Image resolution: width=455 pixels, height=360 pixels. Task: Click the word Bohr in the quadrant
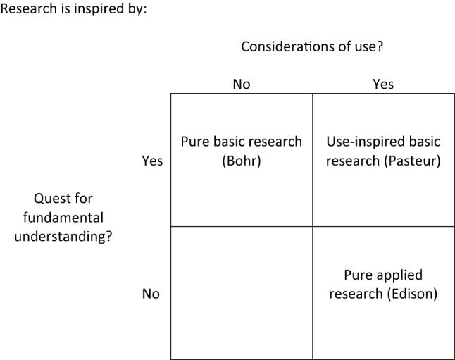pyautogui.click(x=242, y=161)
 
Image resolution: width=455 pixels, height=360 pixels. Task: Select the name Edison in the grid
pyautogui.click(x=411, y=294)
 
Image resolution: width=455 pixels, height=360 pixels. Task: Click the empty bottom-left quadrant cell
pyautogui.click(x=242, y=293)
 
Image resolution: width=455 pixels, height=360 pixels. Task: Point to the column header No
pyautogui.click(x=242, y=85)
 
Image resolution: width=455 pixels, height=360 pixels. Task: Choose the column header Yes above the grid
pyautogui.click(x=382, y=85)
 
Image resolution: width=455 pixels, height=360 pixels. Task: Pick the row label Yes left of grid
pyautogui.click(x=152, y=161)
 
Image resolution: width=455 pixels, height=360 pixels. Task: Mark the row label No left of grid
pyautogui.click(x=151, y=294)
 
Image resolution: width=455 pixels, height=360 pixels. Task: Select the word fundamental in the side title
pyautogui.click(x=73, y=218)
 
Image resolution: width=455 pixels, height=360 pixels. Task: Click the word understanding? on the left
pyautogui.click(x=73, y=236)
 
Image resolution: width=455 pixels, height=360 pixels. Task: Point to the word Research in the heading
pyautogui.click(x=30, y=10)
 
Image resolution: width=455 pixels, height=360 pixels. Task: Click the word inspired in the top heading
pyautogui.click(x=91, y=10)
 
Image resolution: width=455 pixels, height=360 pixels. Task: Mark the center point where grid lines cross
pyautogui.click(x=312, y=226)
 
